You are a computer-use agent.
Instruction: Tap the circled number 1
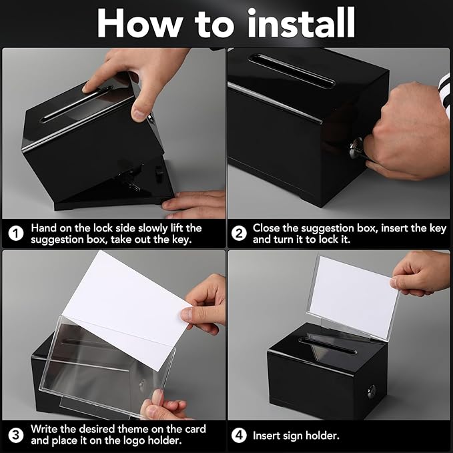point(15,234)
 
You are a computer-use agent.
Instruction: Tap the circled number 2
point(239,234)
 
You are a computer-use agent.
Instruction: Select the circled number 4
point(239,435)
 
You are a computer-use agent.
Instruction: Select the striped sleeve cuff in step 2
point(443,87)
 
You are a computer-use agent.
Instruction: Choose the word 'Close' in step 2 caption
point(268,228)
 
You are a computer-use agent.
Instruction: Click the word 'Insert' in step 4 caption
point(268,435)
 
